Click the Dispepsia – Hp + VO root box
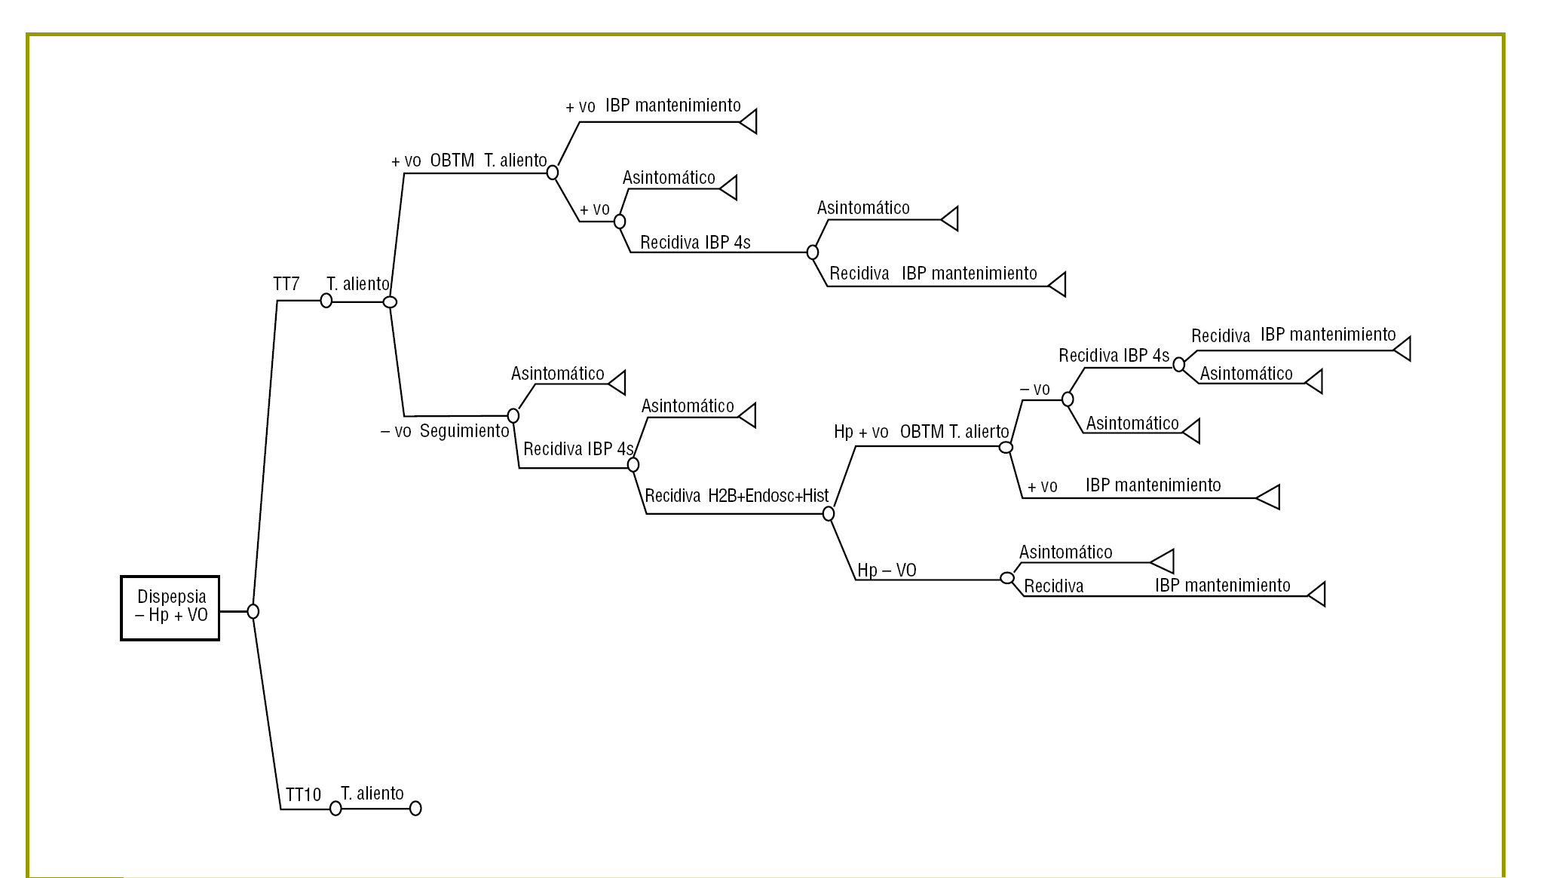(x=170, y=608)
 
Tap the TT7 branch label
(x=286, y=284)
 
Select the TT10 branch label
(x=303, y=795)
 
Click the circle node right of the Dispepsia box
(x=253, y=611)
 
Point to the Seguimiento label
(x=464, y=431)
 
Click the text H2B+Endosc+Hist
(x=768, y=496)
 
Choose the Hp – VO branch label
(x=887, y=571)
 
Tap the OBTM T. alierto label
(x=954, y=432)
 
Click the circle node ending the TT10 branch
(x=415, y=809)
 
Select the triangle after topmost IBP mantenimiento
(x=749, y=121)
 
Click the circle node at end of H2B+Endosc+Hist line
(x=829, y=514)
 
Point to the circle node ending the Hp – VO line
(x=1007, y=578)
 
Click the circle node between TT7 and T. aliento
(x=326, y=301)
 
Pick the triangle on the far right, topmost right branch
(x=1402, y=349)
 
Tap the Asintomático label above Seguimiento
(x=557, y=374)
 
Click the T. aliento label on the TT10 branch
(x=372, y=794)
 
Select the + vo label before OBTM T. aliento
(x=406, y=161)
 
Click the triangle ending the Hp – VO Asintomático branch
(x=1163, y=561)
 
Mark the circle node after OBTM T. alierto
(x=1006, y=448)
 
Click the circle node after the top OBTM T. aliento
(x=553, y=173)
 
